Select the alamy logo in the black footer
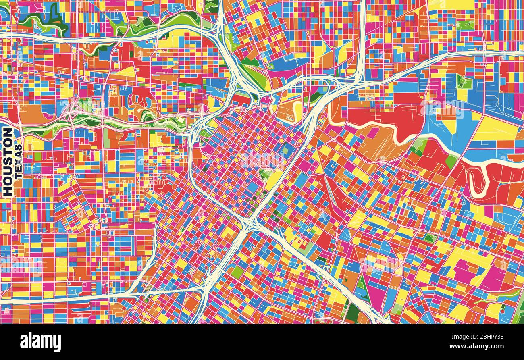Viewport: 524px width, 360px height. [x=40, y=342]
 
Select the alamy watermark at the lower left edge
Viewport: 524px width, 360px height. [x=20, y=266]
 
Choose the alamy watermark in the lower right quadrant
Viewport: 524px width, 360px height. [x=381, y=264]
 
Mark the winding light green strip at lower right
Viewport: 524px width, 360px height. [x=496, y=296]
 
